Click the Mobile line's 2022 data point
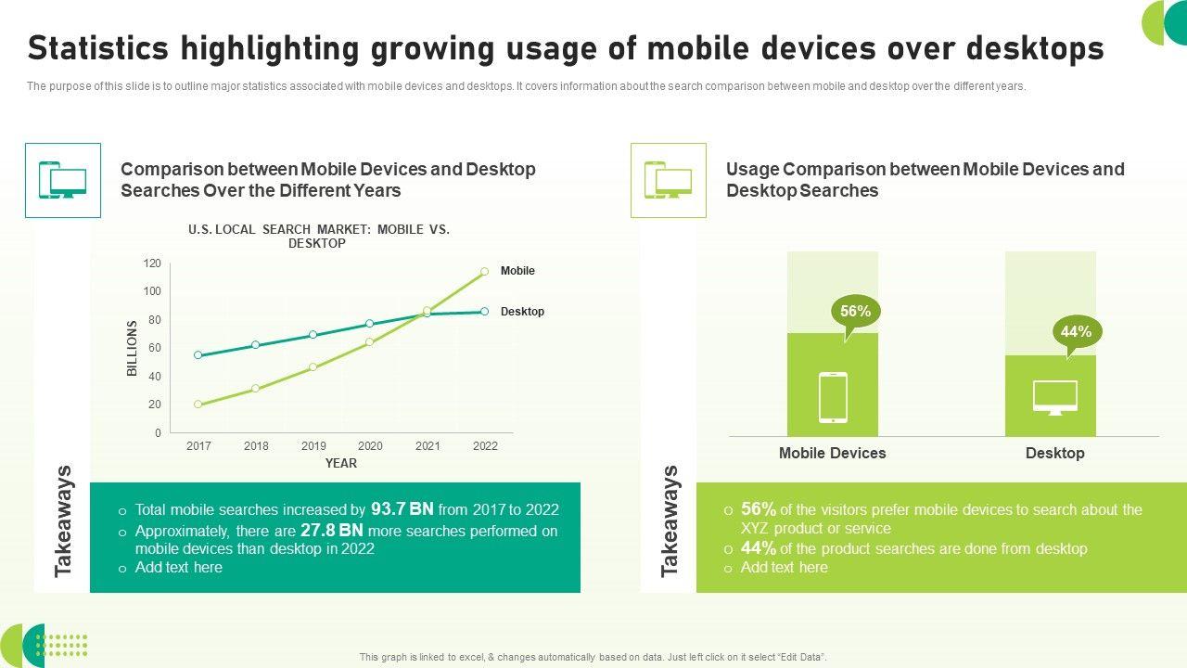pyautogui.click(x=484, y=272)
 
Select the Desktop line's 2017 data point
pyautogui.click(x=198, y=355)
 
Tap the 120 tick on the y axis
pyautogui.click(x=152, y=264)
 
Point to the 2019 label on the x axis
pyautogui.click(x=313, y=446)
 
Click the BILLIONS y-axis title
pyautogui.click(x=132, y=348)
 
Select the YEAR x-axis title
pyautogui.click(x=340, y=464)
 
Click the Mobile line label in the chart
pyautogui.click(x=517, y=271)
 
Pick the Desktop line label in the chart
pyautogui.click(x=522, y=312)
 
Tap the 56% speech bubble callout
pyautogui.click(x=855, y=313)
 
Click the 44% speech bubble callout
pyautogui.click(x=1076, y=332)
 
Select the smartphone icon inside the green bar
pyautogui.click(x=833, y=397)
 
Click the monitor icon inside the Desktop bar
pyautogui.click(x=1055, y=397)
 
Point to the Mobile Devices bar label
pyautogui.click(x=832, y=454)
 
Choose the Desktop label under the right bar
pyautogui.click(x=1054, y=454)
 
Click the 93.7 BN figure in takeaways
pyautogui.click(x=402, y=509)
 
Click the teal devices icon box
pyautogui.click(x=63, y=180)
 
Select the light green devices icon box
pyautogui.click(x=668, y=180)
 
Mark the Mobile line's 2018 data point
pyautogui.click(x=255, y=389)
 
